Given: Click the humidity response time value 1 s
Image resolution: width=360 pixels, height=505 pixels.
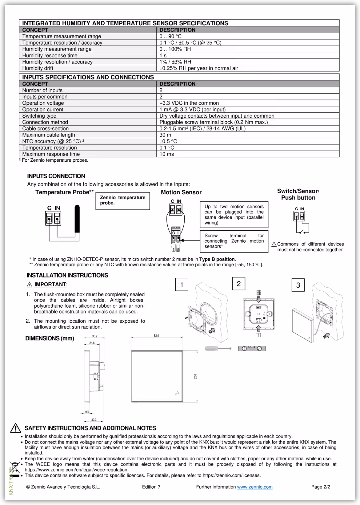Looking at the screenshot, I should tap(163, 55).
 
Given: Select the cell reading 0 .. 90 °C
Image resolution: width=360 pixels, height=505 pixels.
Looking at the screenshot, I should tap(170, 36).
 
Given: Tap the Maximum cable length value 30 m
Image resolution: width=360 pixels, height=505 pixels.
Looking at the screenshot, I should tap(165, 135).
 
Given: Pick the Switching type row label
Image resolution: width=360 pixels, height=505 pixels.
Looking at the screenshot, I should tap(39, 116).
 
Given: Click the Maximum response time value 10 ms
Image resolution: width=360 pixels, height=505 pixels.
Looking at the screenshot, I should tap(166, 154).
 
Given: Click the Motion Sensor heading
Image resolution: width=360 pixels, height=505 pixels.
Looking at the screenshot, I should tap(181, 192).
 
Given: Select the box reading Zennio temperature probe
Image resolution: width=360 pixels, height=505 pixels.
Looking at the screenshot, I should tap(122, 200).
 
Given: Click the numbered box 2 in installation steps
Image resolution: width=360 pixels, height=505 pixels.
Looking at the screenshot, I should tap(238, 284).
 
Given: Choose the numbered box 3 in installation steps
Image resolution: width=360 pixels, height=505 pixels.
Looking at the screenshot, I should tap(298, 285).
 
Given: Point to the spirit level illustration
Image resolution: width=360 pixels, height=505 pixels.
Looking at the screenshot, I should tap(252, 349).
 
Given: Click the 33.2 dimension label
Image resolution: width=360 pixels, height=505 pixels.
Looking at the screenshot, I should tap(95, 336).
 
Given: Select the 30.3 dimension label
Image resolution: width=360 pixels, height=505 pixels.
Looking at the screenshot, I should tap(94, 420).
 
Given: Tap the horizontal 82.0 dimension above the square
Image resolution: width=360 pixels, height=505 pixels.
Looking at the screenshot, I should tap(156, 336).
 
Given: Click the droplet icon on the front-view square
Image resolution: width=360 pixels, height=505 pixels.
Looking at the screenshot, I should tap(177, 393).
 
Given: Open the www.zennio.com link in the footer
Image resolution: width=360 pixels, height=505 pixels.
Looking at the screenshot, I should tap(255, 487).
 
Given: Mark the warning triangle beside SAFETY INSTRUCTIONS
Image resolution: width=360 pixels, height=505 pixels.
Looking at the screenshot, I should tap(15, 428).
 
